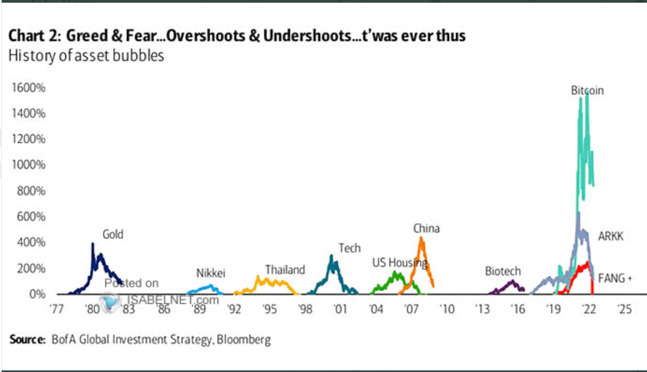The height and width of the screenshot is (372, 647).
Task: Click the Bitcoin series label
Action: coord(587,91)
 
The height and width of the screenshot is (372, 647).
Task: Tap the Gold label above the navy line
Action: coord(113,234)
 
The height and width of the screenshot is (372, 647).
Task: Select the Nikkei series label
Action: coord(210,273)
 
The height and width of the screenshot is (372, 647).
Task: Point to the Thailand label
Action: coord(285,269)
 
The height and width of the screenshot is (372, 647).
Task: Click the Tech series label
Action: coord(349,248)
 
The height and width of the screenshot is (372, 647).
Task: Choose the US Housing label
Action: coord(400,263)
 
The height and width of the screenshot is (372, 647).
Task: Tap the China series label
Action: coord(426,228)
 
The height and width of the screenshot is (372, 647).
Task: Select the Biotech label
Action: coord(503,271)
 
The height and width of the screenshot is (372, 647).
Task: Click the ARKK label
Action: coord(611,236)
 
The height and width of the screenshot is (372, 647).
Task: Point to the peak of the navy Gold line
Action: coord(93,244)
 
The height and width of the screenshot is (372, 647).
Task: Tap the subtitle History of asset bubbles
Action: coord(85,56)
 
